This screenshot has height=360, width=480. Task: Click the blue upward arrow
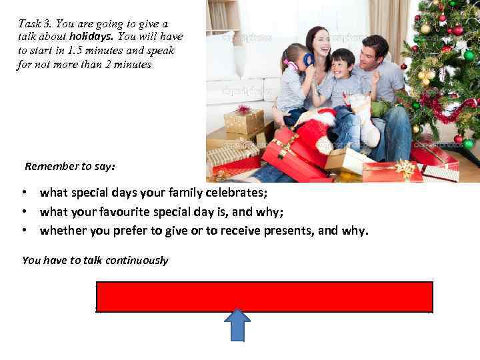click(237, 324)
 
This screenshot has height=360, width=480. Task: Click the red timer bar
click(265, 297)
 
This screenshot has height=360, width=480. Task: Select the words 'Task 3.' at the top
click(35, 23)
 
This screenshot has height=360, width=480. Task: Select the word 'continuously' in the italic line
click(139, 261)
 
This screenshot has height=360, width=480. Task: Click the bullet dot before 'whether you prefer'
click(24, 231)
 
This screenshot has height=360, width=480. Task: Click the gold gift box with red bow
click(243, 120)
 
